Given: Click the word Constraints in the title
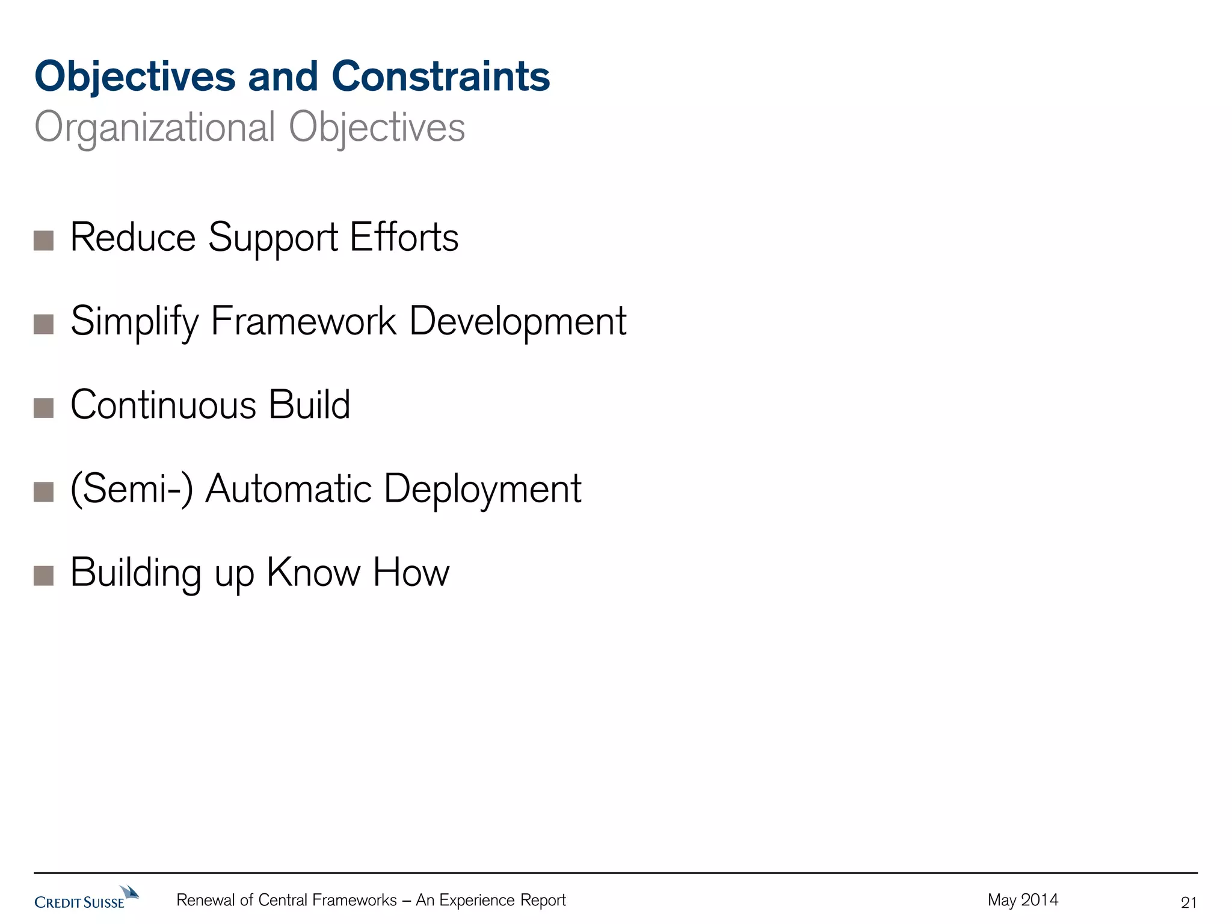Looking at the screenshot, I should (x=440, y=77).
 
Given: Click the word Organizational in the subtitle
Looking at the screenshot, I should (x=155, y=128).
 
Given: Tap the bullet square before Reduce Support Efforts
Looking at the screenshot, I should (x=44, y=241).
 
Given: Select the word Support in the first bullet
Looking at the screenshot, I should (x=273, y=238).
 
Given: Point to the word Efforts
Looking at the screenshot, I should (x=404, y=237).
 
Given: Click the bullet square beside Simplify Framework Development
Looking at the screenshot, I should (x=44, y=324).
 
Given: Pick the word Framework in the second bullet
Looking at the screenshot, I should (x=303, y=321).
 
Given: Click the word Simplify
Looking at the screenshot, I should (x=134, y=322).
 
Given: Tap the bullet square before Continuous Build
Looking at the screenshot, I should (x=44, y=408).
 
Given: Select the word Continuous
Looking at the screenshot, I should (x=163, y=404).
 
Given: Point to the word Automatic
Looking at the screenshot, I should (x=288, y=488).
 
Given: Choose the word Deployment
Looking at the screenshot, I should (x=482, y=489).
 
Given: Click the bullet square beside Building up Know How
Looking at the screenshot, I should (x=44, y=576).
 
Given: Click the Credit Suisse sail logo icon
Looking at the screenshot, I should (x=129, y=892).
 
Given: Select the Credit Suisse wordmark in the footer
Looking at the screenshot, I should (x=79, y=902).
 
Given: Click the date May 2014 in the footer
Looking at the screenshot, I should (x=1023, y=900).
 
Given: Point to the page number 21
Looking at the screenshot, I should (x=1189, y=902).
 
